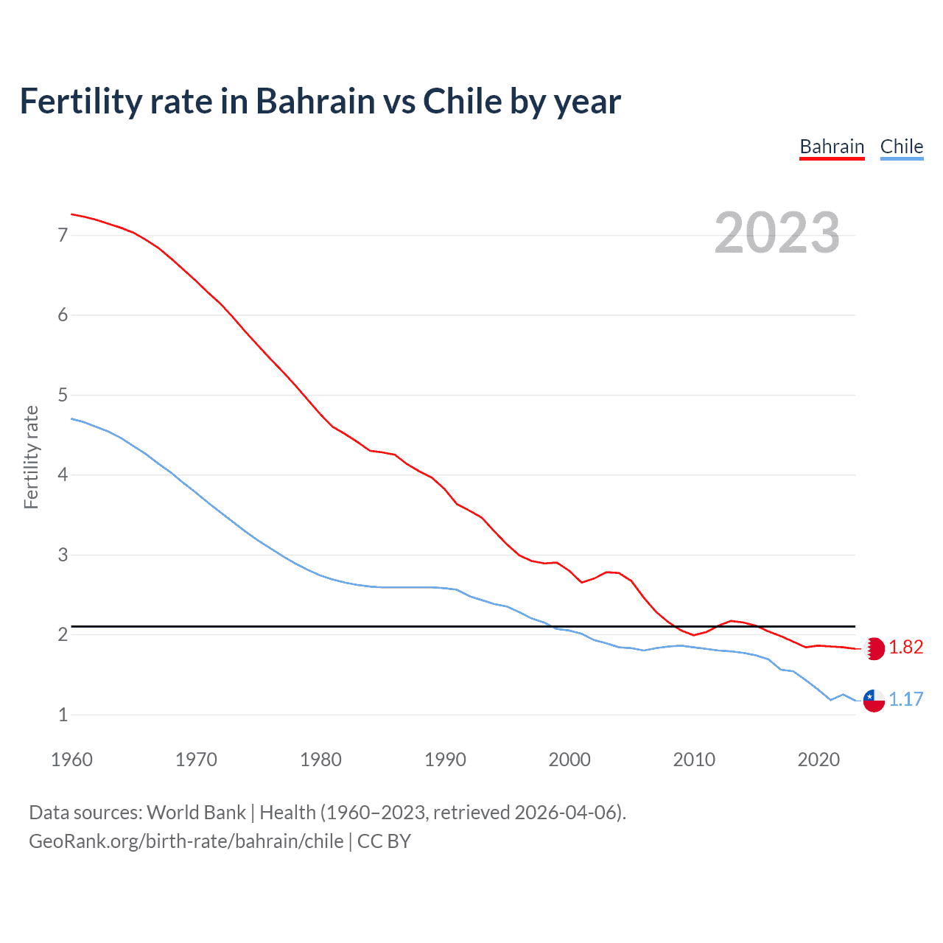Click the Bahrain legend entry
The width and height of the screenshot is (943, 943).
pos(832,147)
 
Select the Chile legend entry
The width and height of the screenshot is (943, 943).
pos(901,147)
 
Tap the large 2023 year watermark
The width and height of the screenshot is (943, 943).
pos(777,233)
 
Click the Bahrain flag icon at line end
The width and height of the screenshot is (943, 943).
pos(874,648)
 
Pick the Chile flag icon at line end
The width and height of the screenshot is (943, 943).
pos(874,700)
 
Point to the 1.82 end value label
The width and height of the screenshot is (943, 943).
pos(905,648)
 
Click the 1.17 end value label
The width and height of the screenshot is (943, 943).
pos(905,699)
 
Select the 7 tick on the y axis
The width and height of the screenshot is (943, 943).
pos(63,235)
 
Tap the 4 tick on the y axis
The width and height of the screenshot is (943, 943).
pos(63,474)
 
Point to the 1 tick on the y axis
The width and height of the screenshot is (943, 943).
pos(63,715)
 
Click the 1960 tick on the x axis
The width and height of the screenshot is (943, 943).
pos(71,760)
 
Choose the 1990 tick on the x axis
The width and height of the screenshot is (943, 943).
pos(445,760)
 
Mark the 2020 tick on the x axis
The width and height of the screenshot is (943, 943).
pos(818,760)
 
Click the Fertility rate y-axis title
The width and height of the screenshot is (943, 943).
pos(31,457)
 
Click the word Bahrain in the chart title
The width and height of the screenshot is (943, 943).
pos(315,101)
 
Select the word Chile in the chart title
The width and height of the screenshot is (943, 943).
pos(462,101)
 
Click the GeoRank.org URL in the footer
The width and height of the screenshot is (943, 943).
pos(186,841)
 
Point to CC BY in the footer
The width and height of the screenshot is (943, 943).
pos(384,841)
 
